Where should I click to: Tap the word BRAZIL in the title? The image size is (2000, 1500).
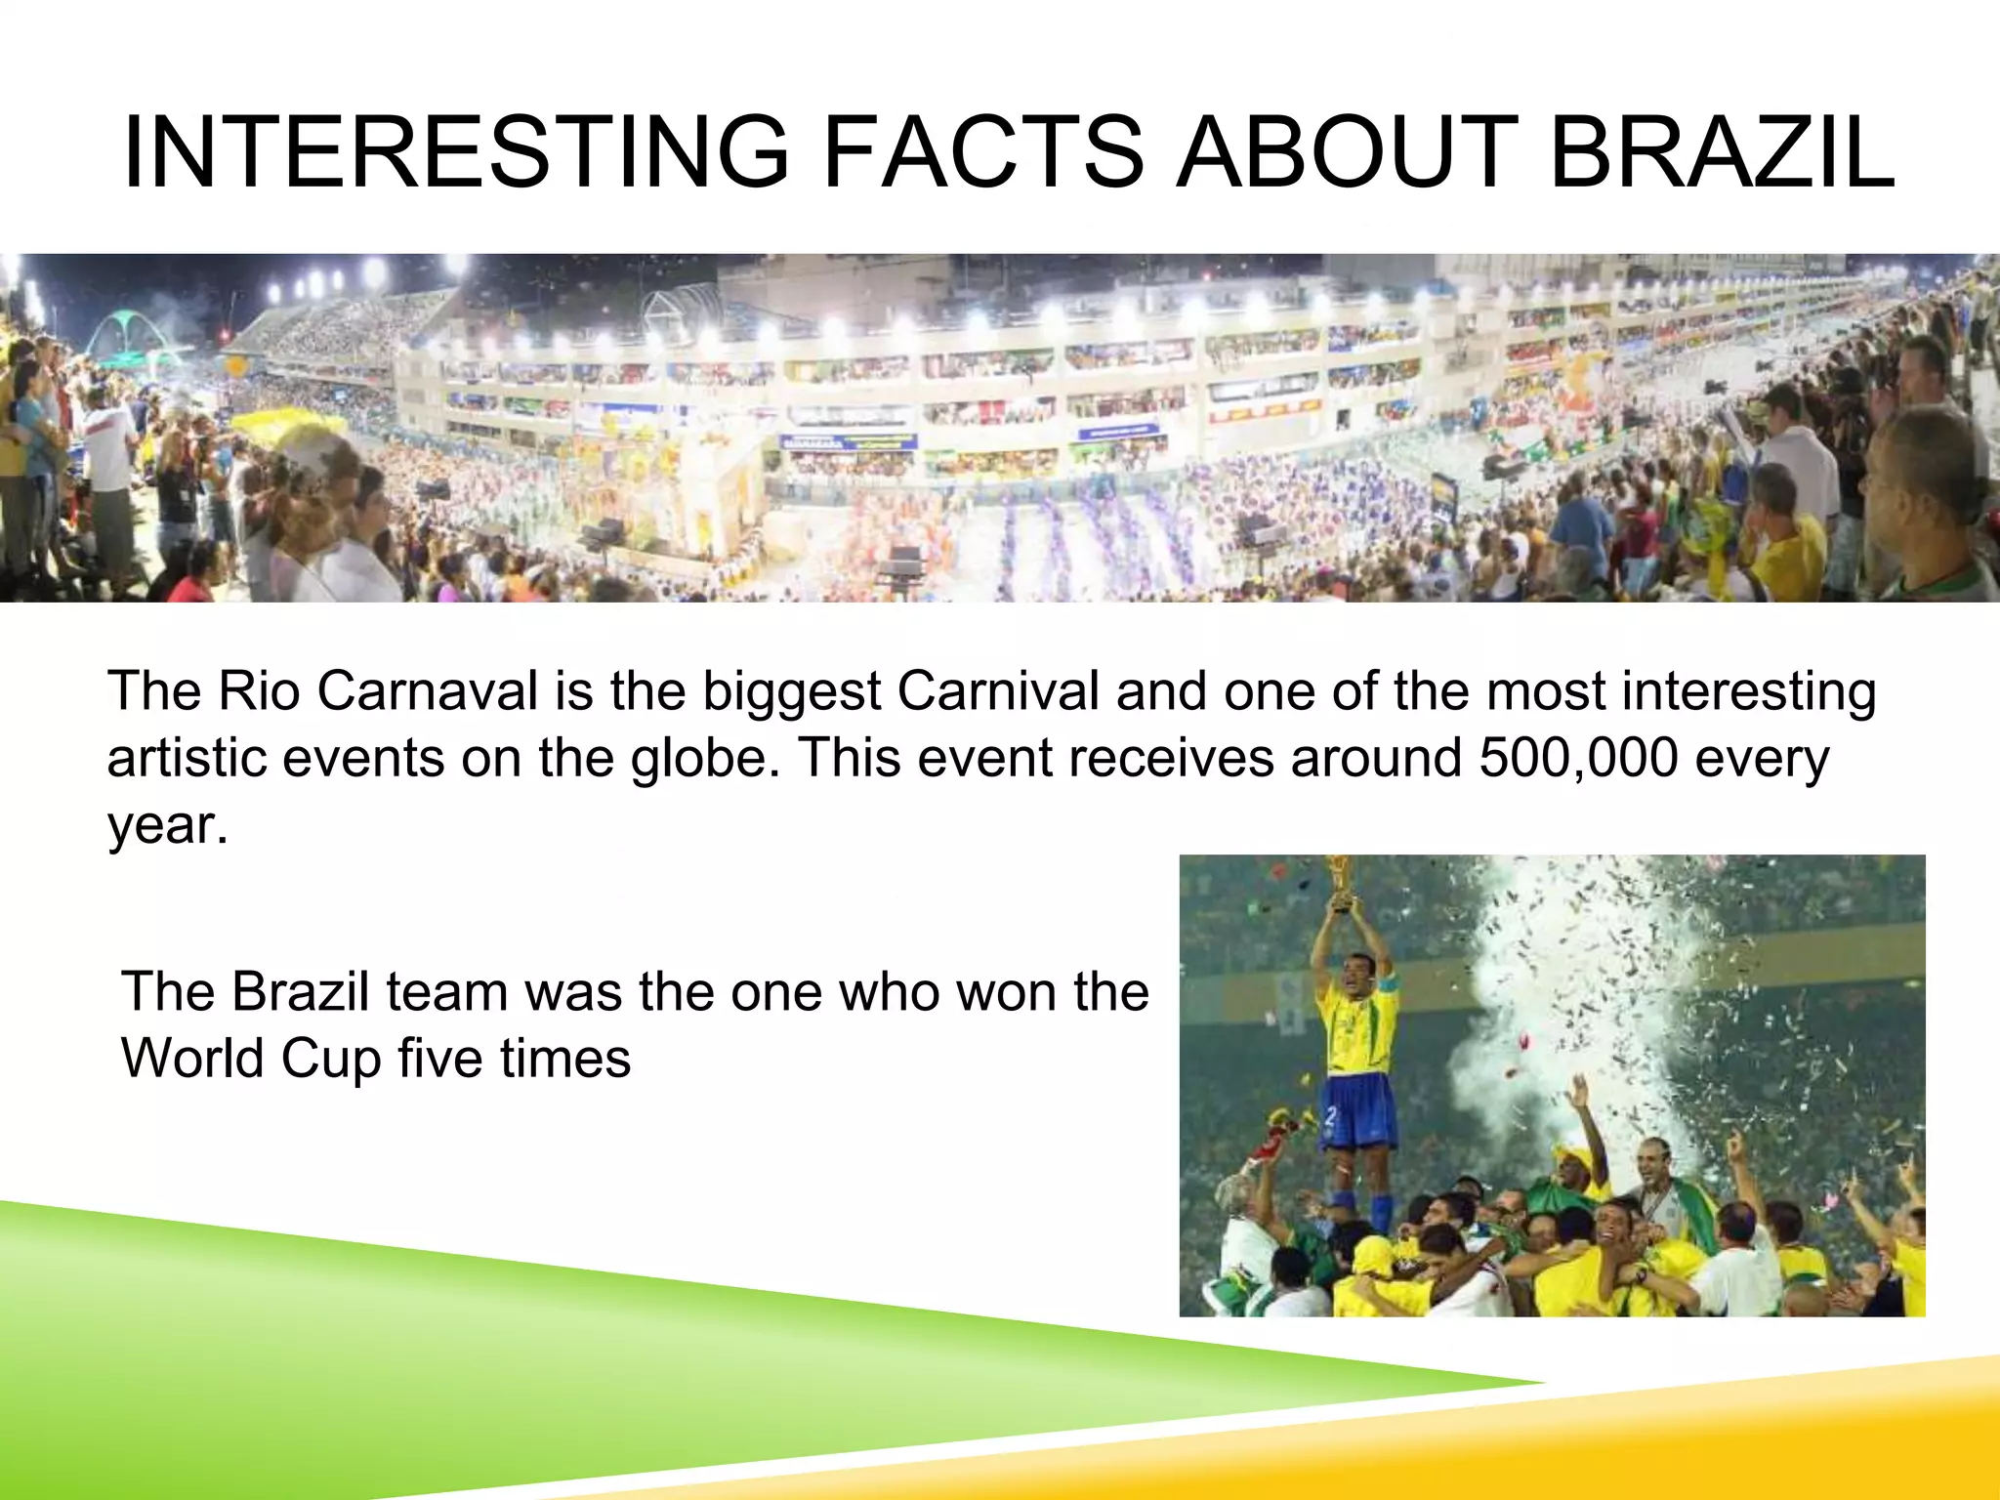tap(1721, 153)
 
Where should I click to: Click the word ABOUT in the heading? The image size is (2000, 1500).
tap(1347, 153)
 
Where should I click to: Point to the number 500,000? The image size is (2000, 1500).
tap(1578, 758)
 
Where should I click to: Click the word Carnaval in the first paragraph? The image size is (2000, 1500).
tap(428, 691)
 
